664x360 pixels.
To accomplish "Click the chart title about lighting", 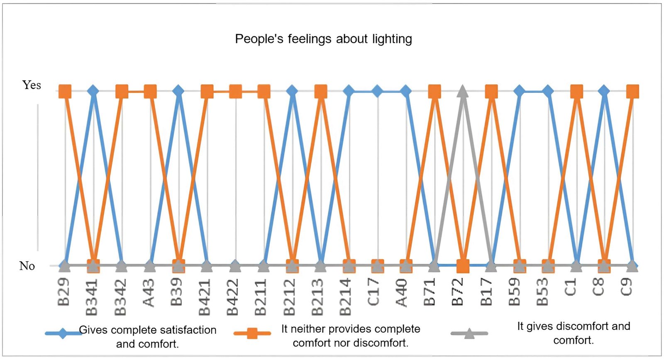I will (x=323, y=39).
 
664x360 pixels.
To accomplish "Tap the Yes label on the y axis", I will (x=32, y=85).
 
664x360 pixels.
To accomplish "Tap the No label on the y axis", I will (x=27, y=266).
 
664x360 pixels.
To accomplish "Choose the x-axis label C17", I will (x=374, y=292).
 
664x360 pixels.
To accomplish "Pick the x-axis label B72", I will (x=459, y=292).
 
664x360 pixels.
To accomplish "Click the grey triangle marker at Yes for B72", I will (x=463, y=92).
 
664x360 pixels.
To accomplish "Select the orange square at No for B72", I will (x=463, y=266).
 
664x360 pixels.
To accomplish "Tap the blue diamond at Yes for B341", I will (x=93, y=91).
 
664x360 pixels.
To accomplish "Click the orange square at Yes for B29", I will (x=65, y=91).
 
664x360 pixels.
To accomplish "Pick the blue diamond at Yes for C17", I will (x=377, y=91).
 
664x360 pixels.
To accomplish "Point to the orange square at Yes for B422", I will (x=235, y=91).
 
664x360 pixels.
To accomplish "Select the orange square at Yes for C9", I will (x=632, y=91).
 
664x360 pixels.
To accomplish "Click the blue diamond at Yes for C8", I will (x=604, y=91).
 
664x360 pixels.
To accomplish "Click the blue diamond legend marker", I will (x=63, y=333).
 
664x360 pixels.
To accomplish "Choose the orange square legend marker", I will (x=252, y=333).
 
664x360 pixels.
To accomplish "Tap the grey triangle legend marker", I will (x=469, y=333).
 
